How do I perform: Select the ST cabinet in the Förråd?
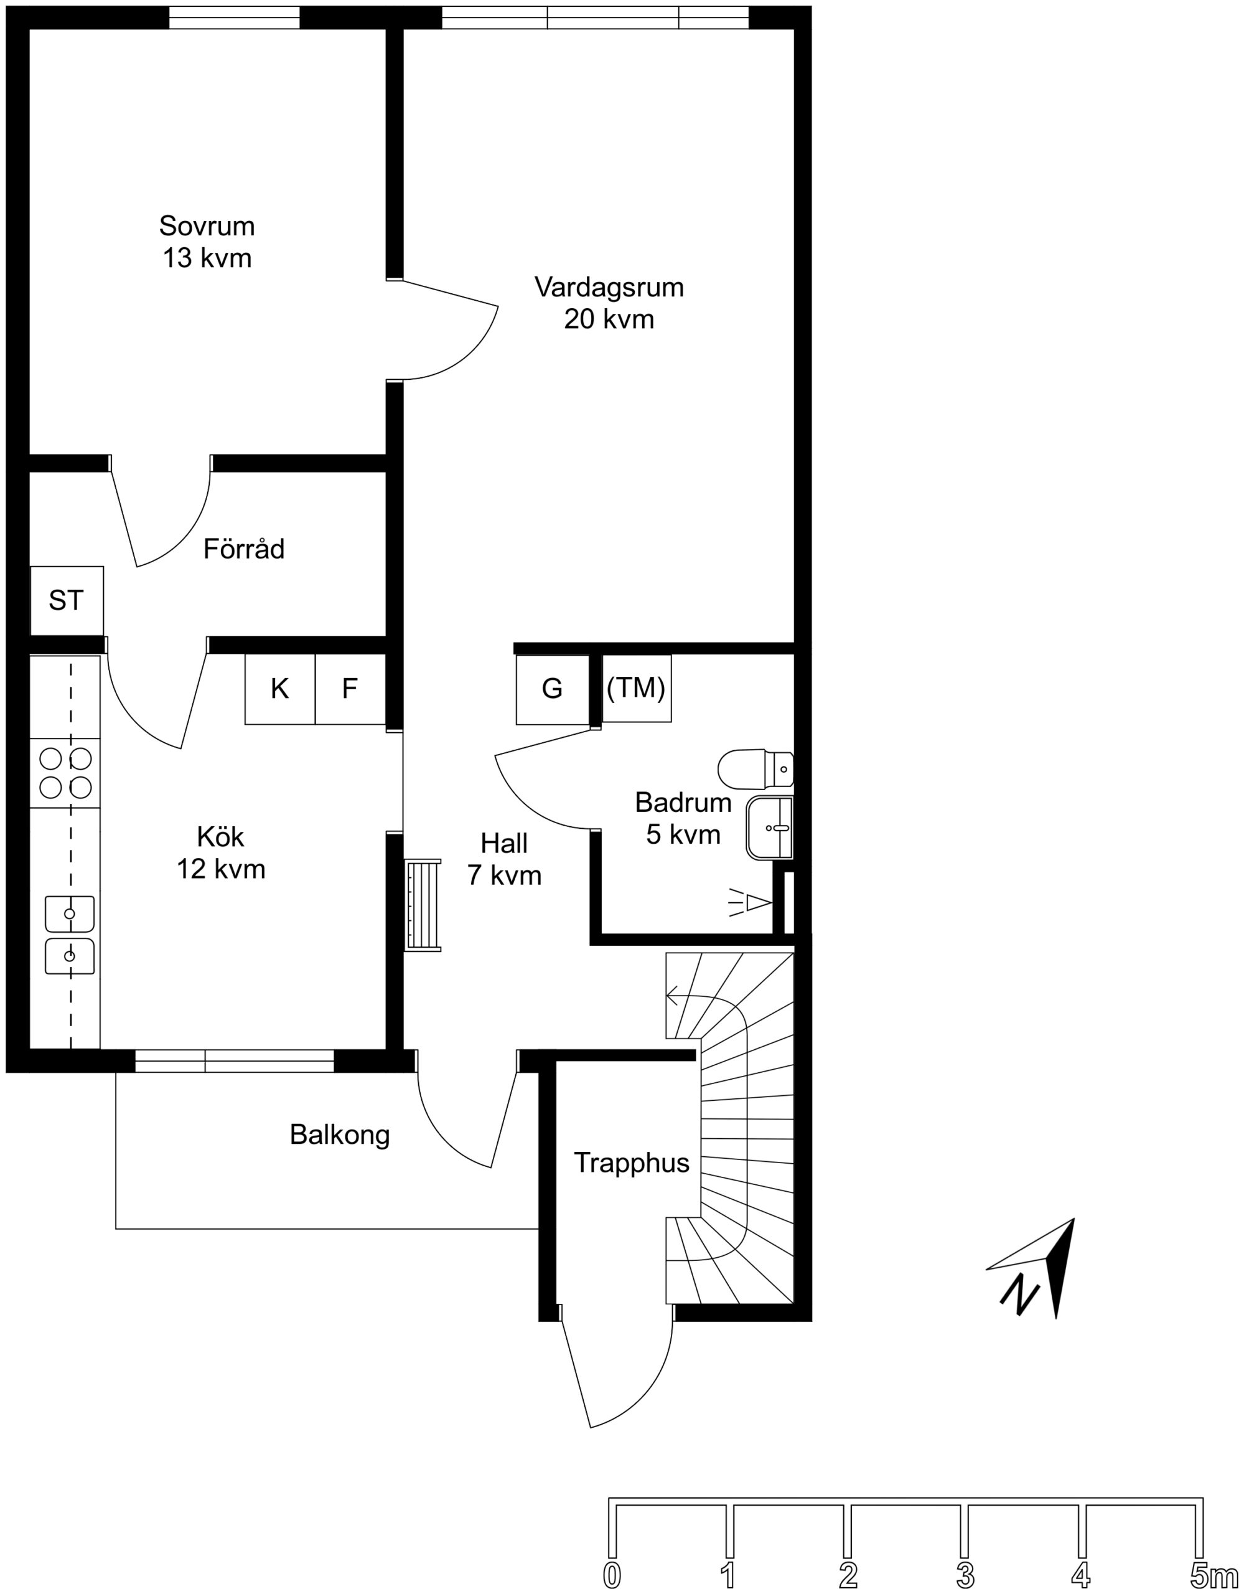[x=67, y=600]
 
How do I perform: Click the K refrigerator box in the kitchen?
[x=280, y=689]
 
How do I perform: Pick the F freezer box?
[x=350, y=689]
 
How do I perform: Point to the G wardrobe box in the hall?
[x=553, y=689]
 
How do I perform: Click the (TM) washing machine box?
[x=636, y=687]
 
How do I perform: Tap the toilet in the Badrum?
[x=755, y=768]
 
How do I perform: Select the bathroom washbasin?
[x=770, y=828]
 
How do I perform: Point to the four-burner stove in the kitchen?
[x=65, y=773]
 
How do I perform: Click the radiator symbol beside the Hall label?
[x=423, y=905]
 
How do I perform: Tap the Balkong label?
[x=339, y=1135]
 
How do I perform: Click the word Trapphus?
[x=631, y=1162]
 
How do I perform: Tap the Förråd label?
[x=244, y=549]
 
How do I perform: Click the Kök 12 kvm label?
[x=221, y=853]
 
